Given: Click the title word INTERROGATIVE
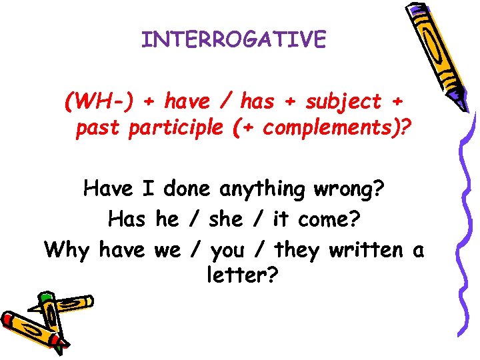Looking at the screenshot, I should click(x=234, y=40).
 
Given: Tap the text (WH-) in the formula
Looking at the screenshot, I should click(x=103, y=102).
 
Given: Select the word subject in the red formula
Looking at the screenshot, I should click(x=343, y=102).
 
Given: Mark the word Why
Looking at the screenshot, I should click(x=69, y=250).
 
